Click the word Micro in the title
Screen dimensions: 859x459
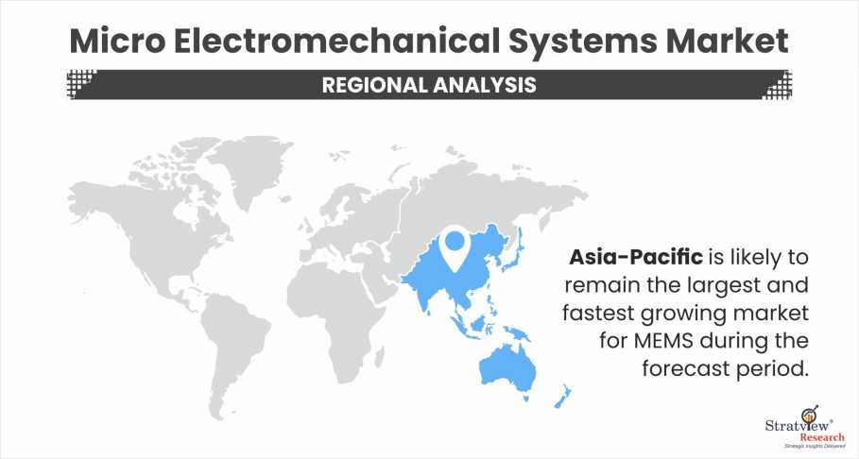coord(117,41)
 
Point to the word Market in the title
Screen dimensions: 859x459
coord(727,41)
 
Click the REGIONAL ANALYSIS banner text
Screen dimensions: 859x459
coord(429,85)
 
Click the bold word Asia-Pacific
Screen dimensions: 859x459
coord(635,256)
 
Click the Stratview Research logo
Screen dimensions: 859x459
coord(804,430)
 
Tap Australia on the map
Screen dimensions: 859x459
coord(507,367)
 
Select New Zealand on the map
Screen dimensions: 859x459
coord(563,397)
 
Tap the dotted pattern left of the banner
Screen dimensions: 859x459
coord(80,84)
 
